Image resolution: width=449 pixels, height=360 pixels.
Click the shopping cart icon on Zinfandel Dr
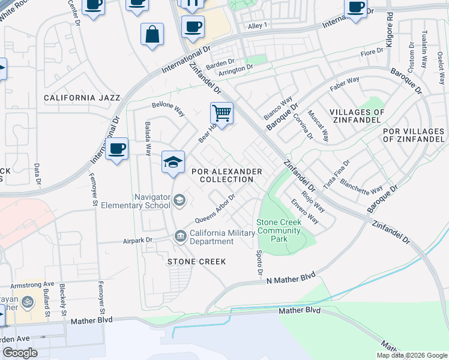(221, 113)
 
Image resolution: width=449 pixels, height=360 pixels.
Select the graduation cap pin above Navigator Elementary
(173, 162)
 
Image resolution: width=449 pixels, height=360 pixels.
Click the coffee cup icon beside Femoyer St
(116, 148)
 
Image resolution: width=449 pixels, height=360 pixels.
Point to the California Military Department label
(212, 238)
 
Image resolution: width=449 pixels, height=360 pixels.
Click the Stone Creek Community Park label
(279, 230)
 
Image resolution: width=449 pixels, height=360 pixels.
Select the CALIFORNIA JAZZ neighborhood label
(82, 98)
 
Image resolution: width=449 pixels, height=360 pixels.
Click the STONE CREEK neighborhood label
(196, 262)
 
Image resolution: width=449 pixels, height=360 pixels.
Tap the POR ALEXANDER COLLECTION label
(227, 175)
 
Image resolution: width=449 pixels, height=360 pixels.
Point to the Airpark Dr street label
(137, 239)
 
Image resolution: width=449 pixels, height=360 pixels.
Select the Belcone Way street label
(168, 109)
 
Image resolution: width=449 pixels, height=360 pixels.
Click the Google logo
(20, 353)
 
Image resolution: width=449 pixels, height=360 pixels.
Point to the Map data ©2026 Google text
(411, 355)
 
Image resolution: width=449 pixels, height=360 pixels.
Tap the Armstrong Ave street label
(36, 284)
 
